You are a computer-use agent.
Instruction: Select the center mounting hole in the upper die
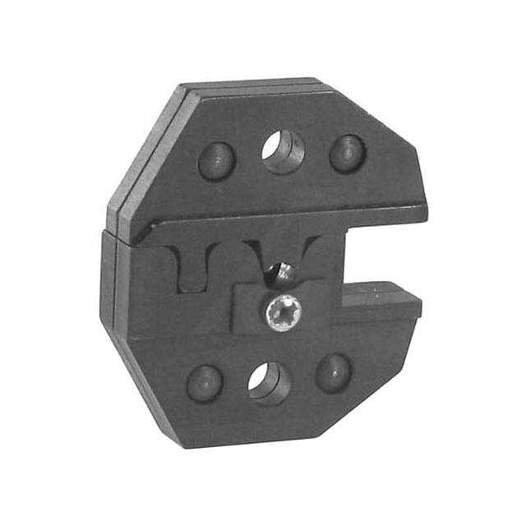click(283, 152)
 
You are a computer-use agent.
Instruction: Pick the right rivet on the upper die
click(347, 153)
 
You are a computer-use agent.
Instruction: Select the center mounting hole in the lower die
click(270, 382)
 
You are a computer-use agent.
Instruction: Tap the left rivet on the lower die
click(205, 382)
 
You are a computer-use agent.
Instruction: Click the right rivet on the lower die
click(334, 371)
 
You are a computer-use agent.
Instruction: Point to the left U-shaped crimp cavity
click(193, 270)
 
